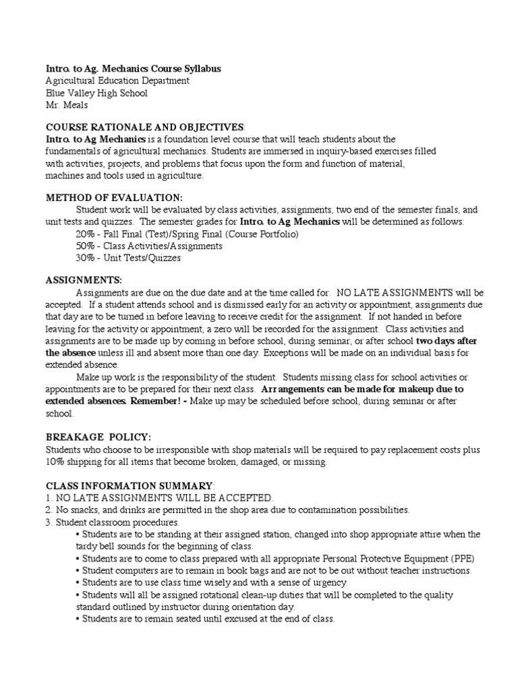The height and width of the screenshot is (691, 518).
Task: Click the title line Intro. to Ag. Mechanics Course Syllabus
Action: [133, 69]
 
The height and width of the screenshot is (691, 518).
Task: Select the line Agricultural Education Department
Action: [117, 81]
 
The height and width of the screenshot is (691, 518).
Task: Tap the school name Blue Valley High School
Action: [96, 93]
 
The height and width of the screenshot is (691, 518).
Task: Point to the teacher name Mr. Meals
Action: [66, 105]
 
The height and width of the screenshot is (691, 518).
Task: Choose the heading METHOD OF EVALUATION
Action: [113, 198]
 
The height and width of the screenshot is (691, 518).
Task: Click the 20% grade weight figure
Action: [86, 234]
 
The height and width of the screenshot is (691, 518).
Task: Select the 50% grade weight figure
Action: [86, 246]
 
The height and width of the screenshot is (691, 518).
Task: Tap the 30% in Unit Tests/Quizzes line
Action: [86, 258]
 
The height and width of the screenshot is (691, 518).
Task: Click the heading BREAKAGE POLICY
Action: [98, 437]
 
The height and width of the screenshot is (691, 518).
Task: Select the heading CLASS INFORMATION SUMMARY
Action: [129, 486]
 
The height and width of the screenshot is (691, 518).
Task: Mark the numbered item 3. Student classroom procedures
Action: [112, 522]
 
